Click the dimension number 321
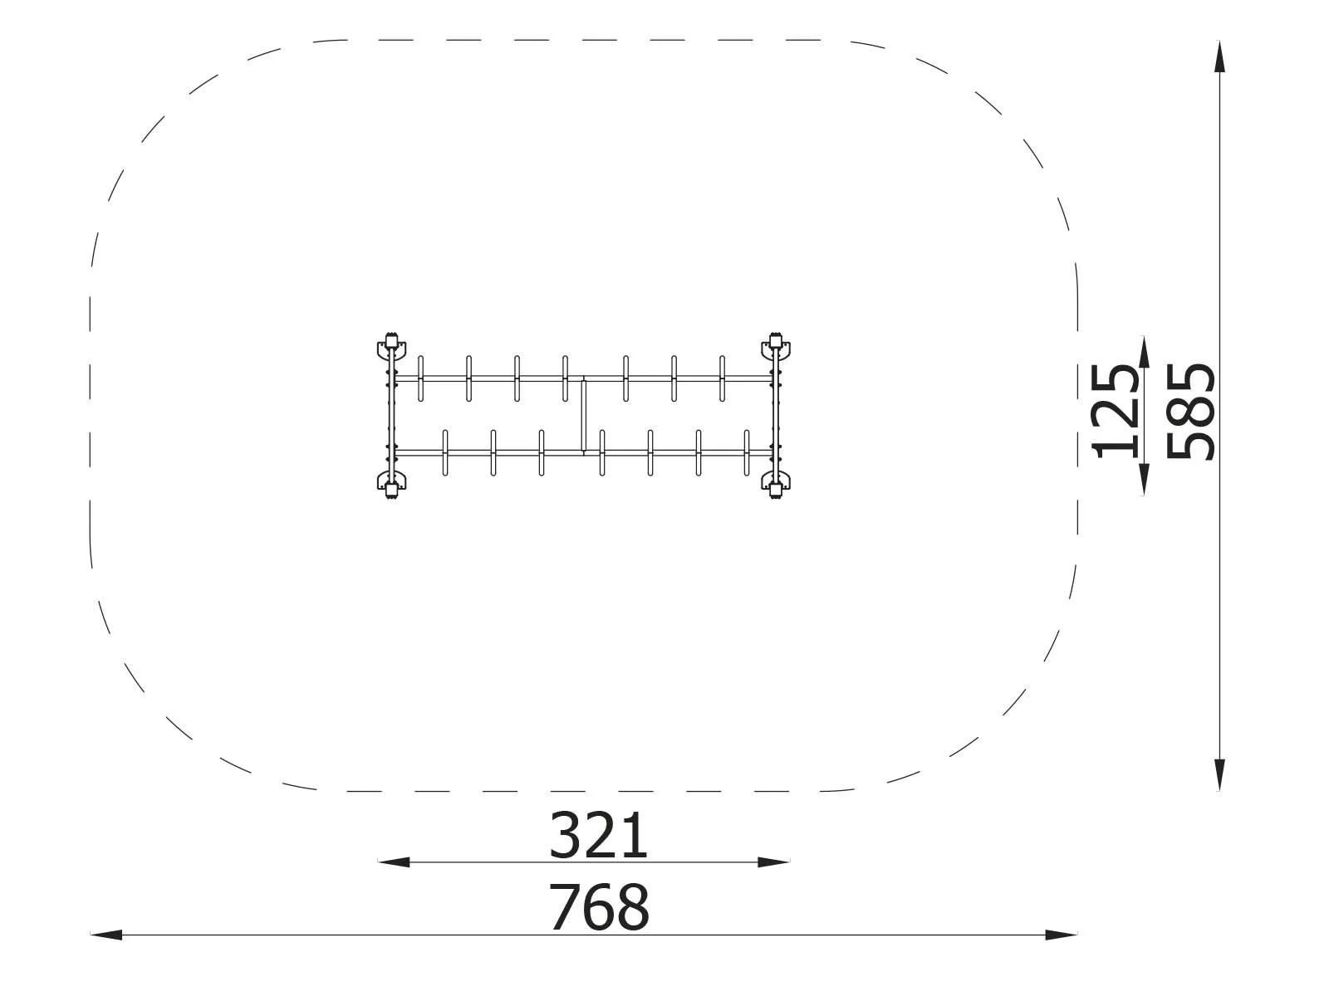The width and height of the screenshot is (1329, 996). pos(598,837)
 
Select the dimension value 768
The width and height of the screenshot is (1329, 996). pos(598,908)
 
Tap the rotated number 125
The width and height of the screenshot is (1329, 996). pos(1115,412)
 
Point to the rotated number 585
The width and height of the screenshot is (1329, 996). pos(1190,412)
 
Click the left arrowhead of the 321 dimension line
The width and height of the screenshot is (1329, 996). pos(393,862)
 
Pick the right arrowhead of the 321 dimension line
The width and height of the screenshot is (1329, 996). pos(774,862)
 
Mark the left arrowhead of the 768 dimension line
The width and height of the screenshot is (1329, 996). pos(105,935)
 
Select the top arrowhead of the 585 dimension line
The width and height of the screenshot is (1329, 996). pos(1219,56)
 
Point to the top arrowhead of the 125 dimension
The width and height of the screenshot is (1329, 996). pos(1144,351)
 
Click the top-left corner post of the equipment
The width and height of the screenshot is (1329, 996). pos(389,342)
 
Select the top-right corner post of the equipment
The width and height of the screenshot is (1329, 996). pos(775,342)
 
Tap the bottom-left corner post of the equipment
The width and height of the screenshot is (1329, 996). pos(389,489)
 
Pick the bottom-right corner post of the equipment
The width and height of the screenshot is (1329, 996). pos(775,489)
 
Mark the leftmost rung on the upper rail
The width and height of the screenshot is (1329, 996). pos(420,378)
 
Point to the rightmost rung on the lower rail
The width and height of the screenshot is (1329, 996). pos(747,452)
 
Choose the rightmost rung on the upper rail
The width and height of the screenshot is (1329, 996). pos(722,378)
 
